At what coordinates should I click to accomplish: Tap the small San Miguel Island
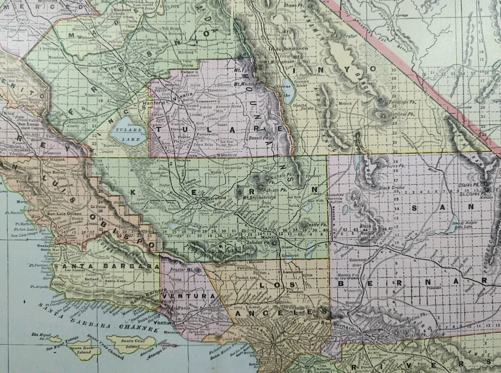click(x=54, y=339)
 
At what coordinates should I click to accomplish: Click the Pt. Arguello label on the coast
click(x=39, y=287)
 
